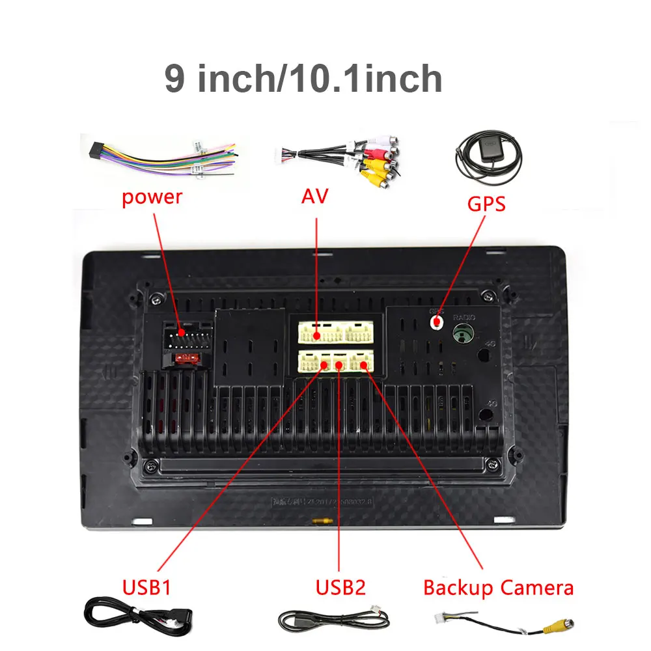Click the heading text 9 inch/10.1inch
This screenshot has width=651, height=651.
click(303, 79)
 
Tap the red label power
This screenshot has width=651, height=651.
click(152, 197)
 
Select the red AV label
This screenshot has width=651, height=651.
click(314, 197)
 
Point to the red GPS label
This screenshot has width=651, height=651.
click(486, 204)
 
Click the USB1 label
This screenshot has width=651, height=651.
click(146, 588)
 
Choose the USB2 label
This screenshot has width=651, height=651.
click(340, 588)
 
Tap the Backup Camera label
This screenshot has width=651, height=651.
click(499, 588)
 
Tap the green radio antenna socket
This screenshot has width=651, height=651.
click(463, 335)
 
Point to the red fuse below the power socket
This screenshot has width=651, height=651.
click(187, 357)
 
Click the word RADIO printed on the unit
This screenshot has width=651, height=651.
click(464, 317)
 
